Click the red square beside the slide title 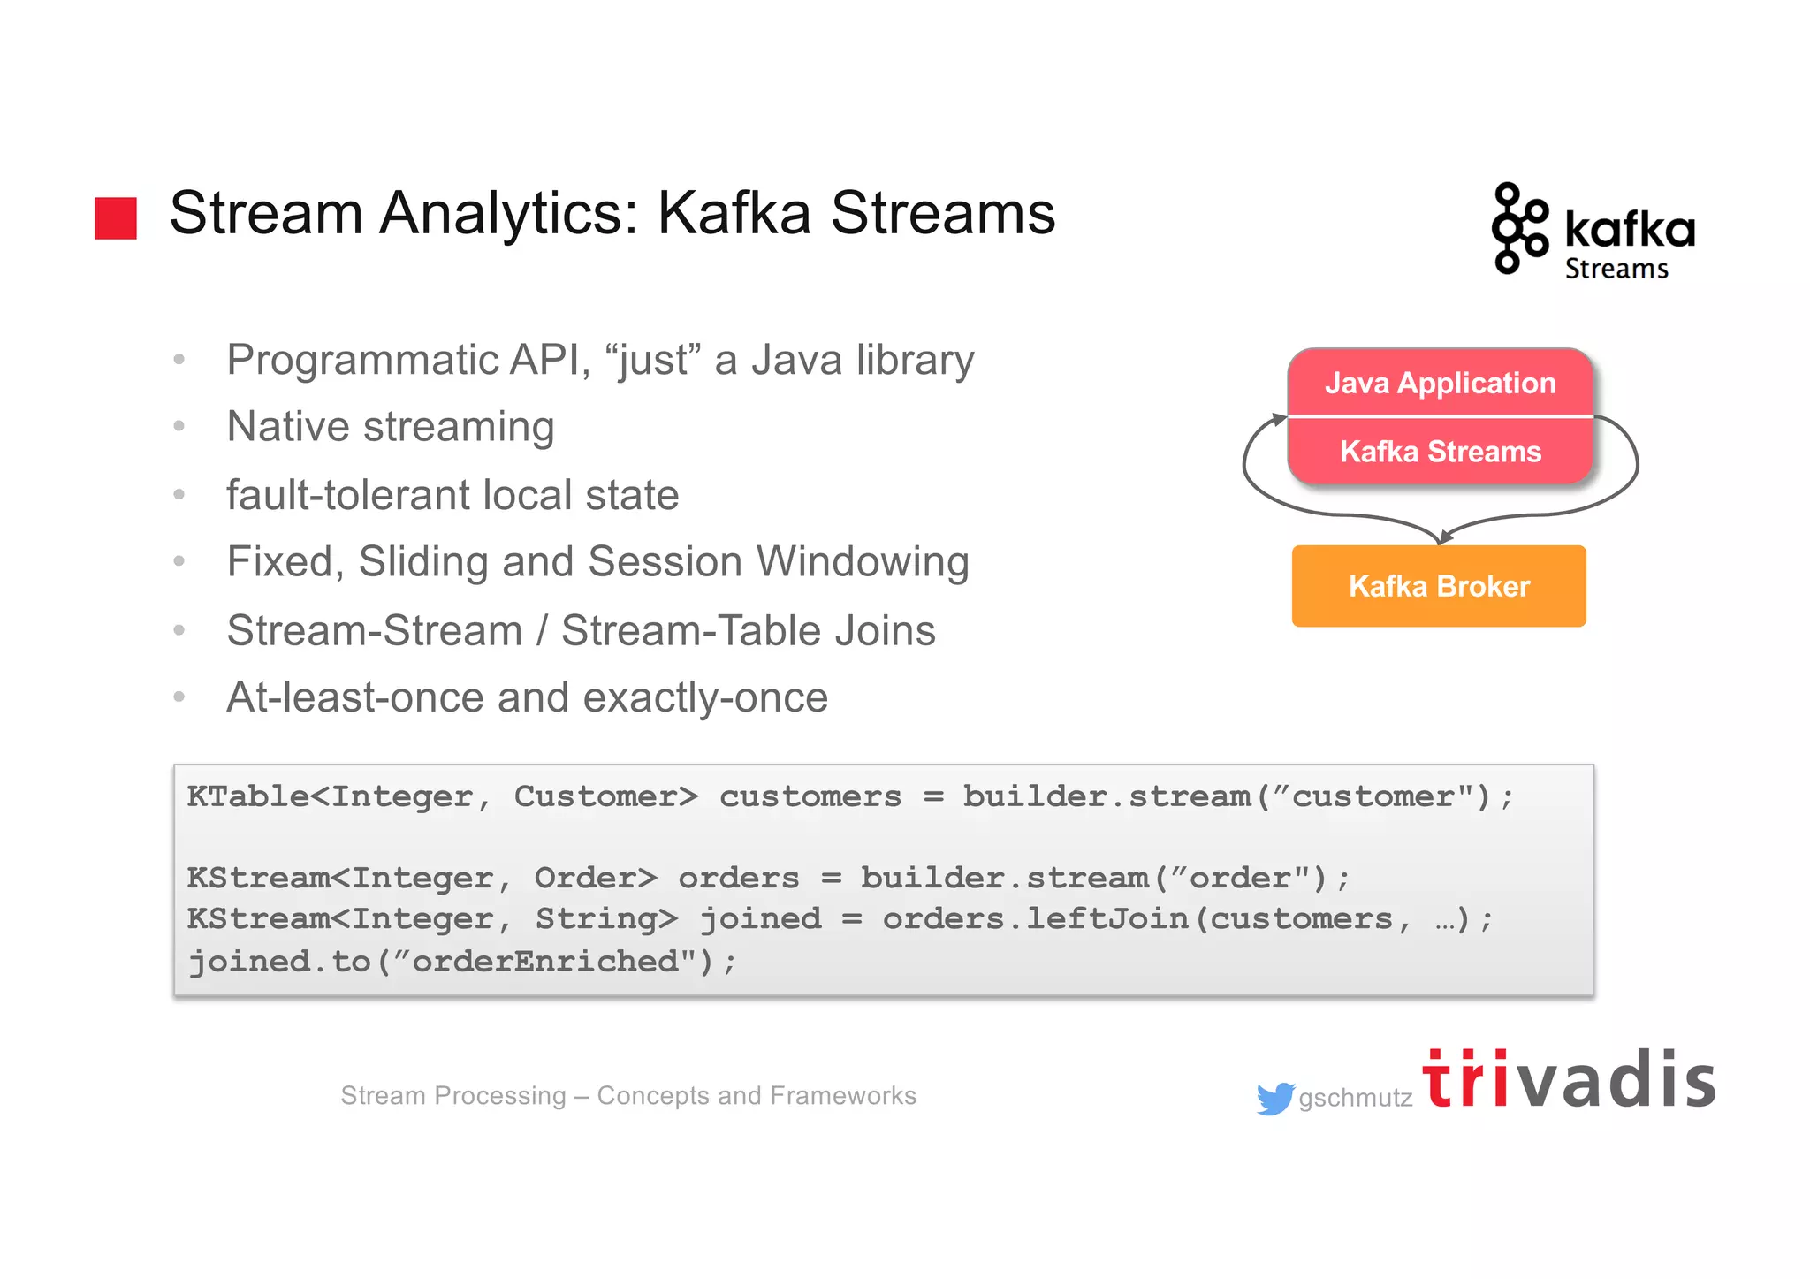116,218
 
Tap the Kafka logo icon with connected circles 1518,228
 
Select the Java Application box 1440,383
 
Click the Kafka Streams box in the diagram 1440,452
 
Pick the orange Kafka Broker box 1439,586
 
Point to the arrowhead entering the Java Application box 1279,419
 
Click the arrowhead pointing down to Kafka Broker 1444,536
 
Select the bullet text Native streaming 390,427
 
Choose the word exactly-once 704,698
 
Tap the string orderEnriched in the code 545,961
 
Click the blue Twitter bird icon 1274,1099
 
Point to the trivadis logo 1568,1080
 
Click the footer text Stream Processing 452,1096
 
